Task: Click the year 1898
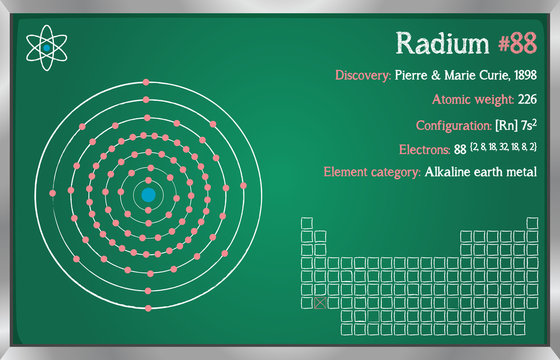523,75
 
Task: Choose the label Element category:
371,172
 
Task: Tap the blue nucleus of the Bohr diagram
148,195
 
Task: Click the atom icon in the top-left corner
46,47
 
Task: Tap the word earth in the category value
489,172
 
